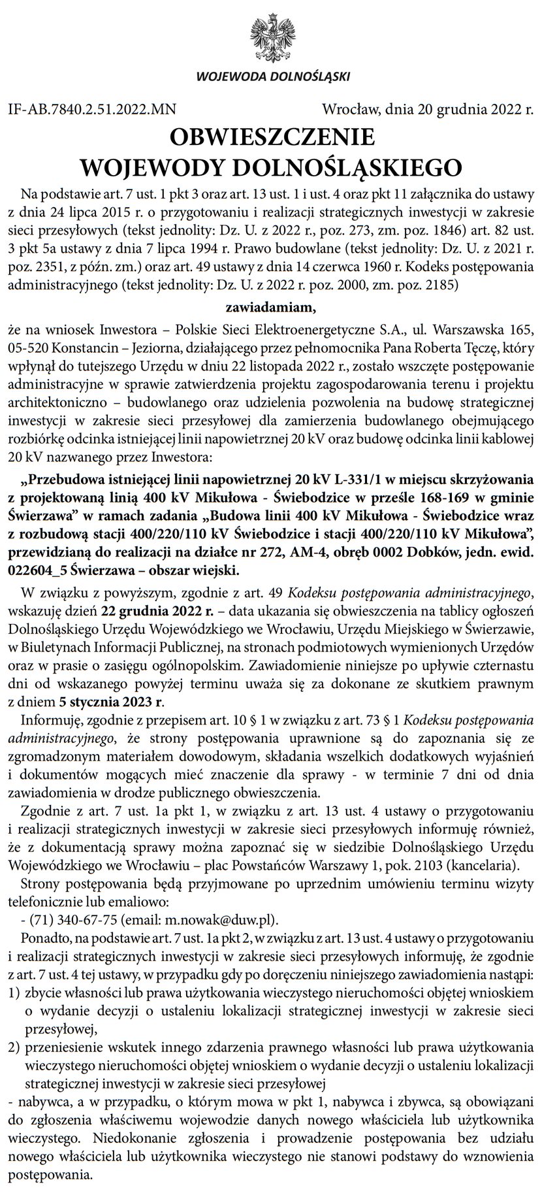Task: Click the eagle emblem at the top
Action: point(272,37)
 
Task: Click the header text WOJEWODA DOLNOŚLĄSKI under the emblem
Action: point(272,77)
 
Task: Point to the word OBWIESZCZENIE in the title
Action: point(272,137)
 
